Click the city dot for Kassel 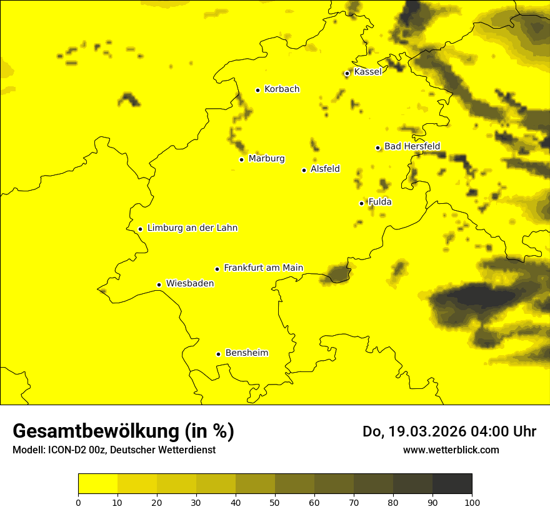pos(347,73)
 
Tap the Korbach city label pos(282,89)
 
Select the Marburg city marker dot pos(241,159)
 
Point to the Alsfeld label pos(325,169)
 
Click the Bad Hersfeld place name pos(412,146)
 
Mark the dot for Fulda pos(361,203)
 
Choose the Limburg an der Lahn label pos(192,228)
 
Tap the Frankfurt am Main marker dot pos(217,269)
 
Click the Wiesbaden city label pos(189,283)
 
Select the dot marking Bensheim pos(218,354)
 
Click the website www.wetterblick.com pos(451,450)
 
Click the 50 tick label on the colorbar pos(275,502)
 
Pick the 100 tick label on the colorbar pos(472,502)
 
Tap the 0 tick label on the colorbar pos(78,502)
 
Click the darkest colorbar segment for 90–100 pos(452,484)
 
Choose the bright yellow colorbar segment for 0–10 pos(97,484)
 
